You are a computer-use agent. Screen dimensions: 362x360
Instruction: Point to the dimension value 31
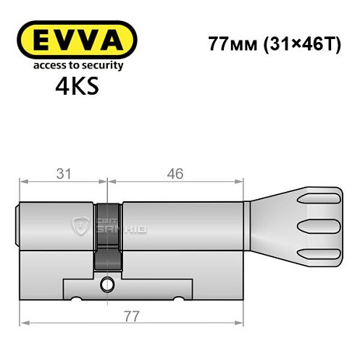[62, 174]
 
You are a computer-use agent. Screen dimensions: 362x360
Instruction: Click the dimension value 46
[174, 174]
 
